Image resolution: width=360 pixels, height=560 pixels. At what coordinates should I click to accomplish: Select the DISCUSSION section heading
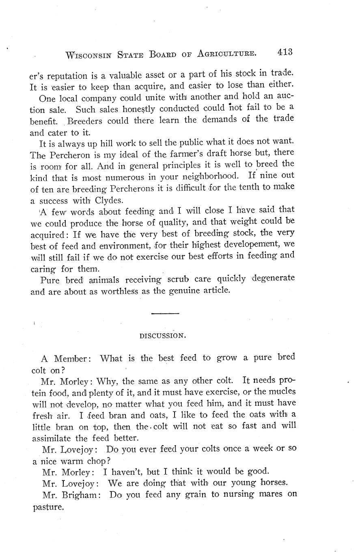tap(163, 336)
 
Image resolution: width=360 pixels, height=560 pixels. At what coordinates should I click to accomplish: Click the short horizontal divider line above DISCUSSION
tap(165, 313)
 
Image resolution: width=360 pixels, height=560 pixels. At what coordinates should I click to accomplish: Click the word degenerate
tap(273, 278)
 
